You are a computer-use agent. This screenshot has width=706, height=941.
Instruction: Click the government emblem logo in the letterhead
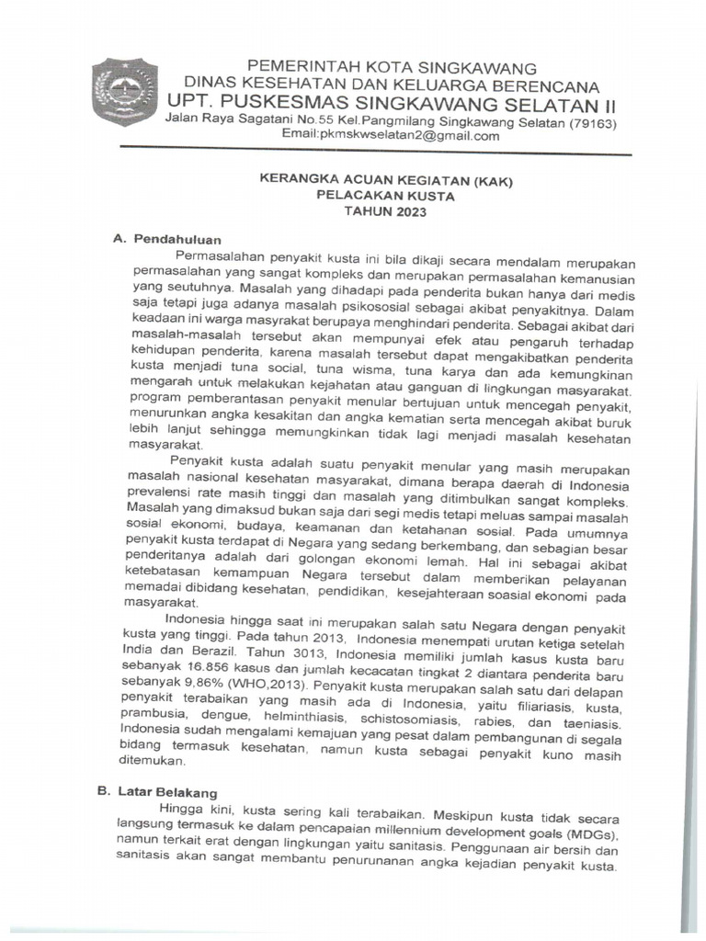point(125,92)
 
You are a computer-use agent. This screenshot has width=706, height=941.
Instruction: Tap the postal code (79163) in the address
point(592,122)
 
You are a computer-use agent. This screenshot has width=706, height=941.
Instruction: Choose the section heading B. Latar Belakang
point(169,791)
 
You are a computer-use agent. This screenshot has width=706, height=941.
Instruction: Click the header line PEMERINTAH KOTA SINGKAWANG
point(392,69)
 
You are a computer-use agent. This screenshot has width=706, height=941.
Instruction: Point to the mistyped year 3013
point(309,653)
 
